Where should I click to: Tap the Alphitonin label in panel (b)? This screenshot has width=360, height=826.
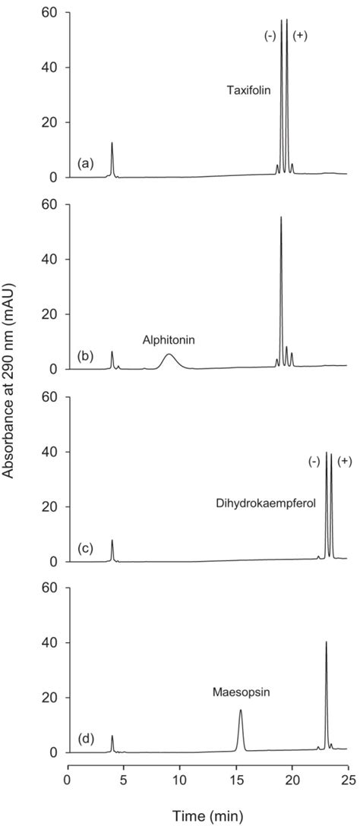coord(169,341)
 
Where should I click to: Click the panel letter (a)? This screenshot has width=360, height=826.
coord(87,163)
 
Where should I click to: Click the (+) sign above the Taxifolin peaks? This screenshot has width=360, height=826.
coord(300,36)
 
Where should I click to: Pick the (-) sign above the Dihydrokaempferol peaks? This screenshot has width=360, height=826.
coord(314,461)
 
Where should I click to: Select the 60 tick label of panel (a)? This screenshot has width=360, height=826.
coord(49,13)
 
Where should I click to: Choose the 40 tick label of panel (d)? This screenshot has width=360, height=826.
coord(49,642)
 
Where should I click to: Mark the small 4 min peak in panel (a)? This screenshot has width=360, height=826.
coord(112,144)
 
